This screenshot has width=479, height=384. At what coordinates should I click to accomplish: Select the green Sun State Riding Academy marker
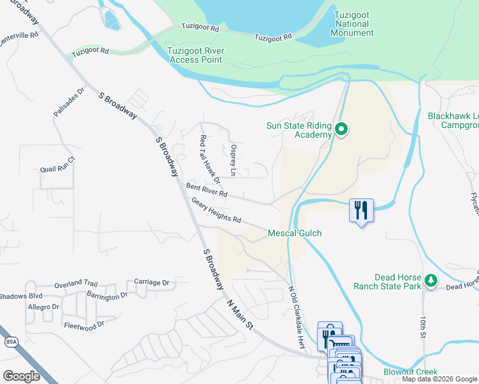[x=341, y=130]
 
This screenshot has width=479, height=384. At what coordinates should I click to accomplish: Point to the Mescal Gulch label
[x=294, y=234]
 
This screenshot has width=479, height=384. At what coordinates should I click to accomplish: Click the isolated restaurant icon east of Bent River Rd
[x=361, y=210]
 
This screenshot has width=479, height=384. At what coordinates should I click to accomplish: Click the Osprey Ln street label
[x=233, y=160]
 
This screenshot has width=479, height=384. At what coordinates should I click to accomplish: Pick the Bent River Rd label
[x=207, y=190]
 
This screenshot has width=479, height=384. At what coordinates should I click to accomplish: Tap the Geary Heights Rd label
[x=216, y=211]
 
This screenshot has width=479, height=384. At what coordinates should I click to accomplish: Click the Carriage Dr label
[x=151, y=282]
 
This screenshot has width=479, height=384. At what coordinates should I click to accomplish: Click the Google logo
[x=21, y=376]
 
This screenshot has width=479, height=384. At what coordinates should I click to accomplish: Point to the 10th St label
[x=423, y=326]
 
